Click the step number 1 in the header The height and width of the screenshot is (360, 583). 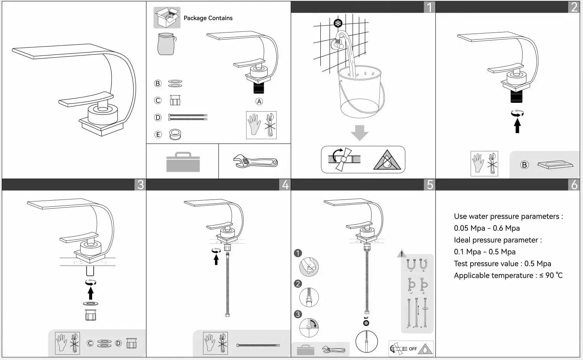tap(429, 7)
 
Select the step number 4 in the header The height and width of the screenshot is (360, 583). tap(285, 185)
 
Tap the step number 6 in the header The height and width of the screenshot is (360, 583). tap(574, 185)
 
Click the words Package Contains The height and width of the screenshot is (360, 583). tap(208, 18)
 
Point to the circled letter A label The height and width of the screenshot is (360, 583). tap(259, 102)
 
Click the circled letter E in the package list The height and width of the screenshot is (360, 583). tap(158, 135)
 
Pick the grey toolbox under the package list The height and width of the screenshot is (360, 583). tap(183, 162)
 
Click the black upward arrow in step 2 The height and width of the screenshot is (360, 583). tap(517, 125)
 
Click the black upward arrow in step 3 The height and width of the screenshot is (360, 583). tap(91, 293)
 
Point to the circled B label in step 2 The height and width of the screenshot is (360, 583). tap(524, 165)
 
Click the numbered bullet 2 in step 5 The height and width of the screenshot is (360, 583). tap(298, 284)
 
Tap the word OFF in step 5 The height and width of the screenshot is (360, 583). tap(413, 349)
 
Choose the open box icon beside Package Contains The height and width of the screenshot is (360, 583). tap(167, 18)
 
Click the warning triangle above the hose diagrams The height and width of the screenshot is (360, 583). tap(401, 254)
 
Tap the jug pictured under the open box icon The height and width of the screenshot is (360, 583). tap(166, 44)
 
